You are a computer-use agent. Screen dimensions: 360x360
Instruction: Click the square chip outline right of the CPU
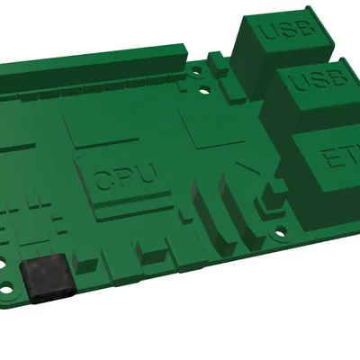click(x=212, y=126)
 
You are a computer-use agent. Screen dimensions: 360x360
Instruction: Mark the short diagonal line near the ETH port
click(x=246, y=168)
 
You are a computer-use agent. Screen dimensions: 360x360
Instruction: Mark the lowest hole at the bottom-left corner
click(x=10, y=293)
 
